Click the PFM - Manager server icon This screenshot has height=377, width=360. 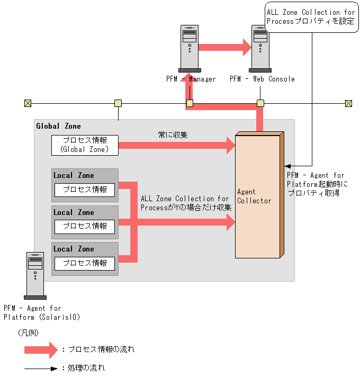[x=190, y=48]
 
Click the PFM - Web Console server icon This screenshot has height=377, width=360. [x=260, y=48]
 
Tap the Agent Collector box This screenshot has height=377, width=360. [x=257, y=196]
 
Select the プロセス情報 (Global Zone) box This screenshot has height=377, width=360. [x=85, y=145]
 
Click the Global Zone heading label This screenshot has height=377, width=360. [x=59, y=126]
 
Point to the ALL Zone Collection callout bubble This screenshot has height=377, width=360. [x=310, y=17]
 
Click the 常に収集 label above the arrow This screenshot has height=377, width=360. [x=173, y=135]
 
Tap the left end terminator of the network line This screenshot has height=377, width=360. [x=28, y=103]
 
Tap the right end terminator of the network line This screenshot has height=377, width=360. [x=348, y=103]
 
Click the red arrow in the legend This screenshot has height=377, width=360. [x=40, y=349]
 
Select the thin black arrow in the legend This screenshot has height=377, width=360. [x=40, y=367]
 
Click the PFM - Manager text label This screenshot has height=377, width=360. [x=191, y=79]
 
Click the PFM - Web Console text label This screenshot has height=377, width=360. [x=262, y=79]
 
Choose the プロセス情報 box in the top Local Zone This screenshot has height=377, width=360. [x=85, y=190]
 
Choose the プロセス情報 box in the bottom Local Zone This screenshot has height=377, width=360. [x=85, y=263]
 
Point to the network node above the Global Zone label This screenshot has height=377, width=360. [x=118, y=103]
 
